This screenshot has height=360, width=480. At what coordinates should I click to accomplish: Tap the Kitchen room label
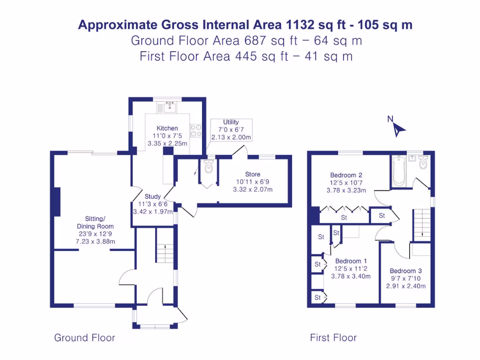167,128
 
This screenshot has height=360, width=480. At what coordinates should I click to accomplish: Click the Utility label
231,122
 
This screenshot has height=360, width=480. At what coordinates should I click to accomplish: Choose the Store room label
253,174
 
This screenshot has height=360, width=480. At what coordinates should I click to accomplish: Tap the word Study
153,196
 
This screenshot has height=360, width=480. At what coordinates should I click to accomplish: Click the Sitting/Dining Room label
95,222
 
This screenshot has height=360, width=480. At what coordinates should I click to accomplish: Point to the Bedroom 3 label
406,270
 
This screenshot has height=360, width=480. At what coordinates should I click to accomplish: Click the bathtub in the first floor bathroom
398,172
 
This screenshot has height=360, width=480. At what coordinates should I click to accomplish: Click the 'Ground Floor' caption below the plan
84,337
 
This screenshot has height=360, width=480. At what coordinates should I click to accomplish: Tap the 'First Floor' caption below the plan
333,337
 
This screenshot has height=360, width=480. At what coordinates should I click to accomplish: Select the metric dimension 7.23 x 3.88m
96,241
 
